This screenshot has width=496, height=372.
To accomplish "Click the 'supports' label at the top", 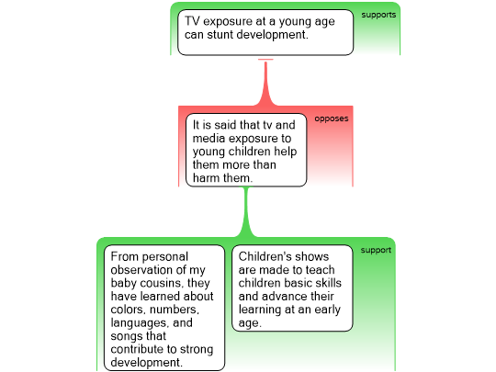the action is tap(378, 15).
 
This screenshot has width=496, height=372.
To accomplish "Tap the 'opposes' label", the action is tap(332, 118).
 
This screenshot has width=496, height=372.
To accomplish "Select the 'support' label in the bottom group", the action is tap(376, 250).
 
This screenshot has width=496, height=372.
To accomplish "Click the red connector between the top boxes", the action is tap(265, 83).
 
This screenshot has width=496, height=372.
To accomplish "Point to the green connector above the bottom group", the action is tap(247, 212).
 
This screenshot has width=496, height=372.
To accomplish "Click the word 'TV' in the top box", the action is tap(192, 21).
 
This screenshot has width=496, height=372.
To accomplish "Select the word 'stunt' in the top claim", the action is tap(220, 35).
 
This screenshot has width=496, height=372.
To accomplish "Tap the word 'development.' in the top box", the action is tap(273, 35).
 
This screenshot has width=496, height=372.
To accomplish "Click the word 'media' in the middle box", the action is tap(209, 138).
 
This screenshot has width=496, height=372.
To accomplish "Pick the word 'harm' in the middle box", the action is tap(206, 178).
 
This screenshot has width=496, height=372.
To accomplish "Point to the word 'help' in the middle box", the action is tap(286, 152).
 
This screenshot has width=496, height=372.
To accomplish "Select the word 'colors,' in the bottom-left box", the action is tap(129, 310).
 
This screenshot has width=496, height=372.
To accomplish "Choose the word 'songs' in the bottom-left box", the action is tap(124, 336).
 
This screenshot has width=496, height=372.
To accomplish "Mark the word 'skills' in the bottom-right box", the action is tap(326, 283).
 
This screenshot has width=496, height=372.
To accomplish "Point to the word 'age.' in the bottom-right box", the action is tap(250, 323).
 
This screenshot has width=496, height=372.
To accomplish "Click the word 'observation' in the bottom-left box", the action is tap(143, 270).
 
